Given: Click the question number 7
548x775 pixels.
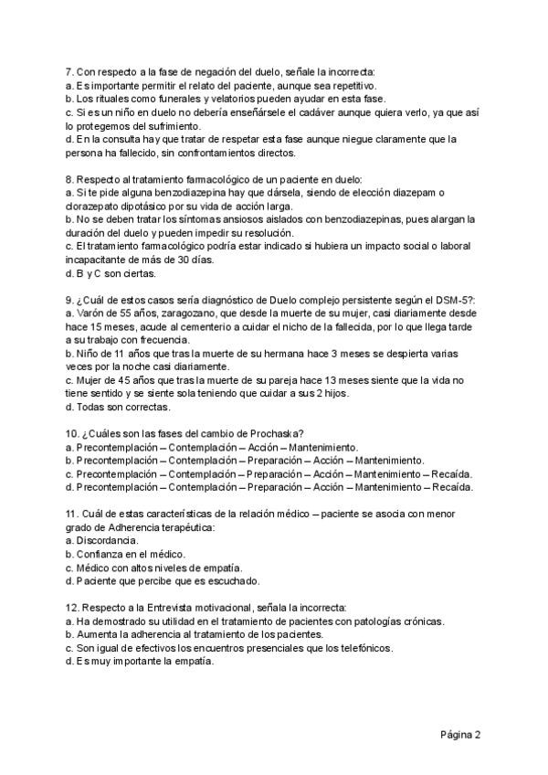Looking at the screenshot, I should [x=69, y=72].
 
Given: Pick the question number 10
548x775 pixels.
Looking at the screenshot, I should [x=73, y=433].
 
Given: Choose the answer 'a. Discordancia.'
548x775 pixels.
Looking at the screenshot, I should [x=101, y=541].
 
